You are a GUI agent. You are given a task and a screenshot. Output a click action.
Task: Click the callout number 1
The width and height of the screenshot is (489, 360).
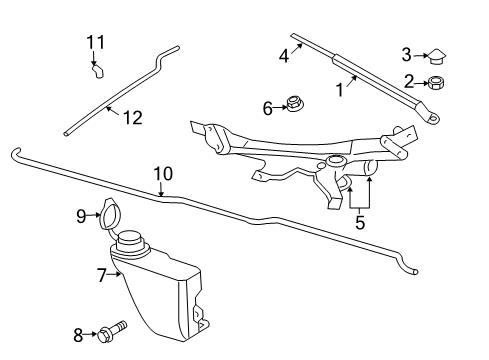339,90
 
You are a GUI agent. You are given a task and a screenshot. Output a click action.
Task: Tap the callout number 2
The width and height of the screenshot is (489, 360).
408,82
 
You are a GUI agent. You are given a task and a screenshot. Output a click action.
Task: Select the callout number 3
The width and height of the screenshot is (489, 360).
407,54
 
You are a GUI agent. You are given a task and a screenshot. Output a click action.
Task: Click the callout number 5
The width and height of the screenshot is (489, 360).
360,223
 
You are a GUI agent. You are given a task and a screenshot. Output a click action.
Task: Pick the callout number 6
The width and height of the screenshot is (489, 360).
268,107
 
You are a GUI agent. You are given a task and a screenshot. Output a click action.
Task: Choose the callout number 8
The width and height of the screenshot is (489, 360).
78,335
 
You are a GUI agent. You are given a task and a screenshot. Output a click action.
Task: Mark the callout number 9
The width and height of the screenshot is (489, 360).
82,214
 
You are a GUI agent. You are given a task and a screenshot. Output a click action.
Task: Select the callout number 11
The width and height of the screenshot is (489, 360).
94,42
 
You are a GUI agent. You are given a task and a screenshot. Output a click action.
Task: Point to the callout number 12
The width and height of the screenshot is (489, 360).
132,117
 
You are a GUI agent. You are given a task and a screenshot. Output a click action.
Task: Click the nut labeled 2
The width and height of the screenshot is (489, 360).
437,83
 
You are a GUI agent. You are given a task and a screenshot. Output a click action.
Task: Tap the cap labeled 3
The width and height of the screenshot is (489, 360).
437,56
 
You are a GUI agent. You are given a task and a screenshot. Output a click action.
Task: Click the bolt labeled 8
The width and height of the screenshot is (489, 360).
111,331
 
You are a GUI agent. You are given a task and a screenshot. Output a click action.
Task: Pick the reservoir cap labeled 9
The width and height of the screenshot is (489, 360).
110,214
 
